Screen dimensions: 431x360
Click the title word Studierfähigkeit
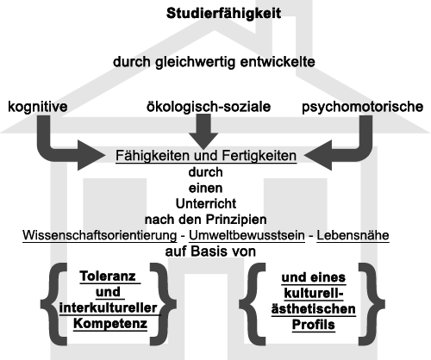(223, 14)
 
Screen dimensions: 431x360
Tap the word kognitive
(38, 107)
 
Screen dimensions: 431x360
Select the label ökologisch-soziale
(209, 107)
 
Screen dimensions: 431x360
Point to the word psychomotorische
(362, 107)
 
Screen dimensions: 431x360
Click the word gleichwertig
(195, 62)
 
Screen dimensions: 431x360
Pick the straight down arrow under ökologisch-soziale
(203, 132)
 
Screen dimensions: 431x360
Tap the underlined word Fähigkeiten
(153, 156)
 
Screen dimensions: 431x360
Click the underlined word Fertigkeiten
(259, 156)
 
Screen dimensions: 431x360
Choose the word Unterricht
(206, 204)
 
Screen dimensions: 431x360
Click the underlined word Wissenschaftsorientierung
(100, 235)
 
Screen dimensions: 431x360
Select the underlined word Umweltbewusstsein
(247, 235)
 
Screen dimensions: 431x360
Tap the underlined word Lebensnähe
(353, 235)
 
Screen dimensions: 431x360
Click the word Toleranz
(108, 276)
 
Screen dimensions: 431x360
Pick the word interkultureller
(108, 308)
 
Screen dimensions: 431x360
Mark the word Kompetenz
(110, 324)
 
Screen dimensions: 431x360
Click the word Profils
(314, 325)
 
